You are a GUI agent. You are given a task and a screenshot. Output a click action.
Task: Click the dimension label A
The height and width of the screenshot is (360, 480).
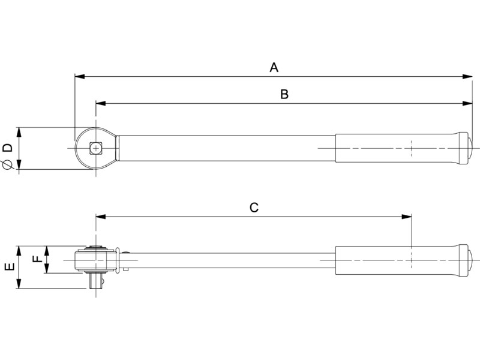(274, 67)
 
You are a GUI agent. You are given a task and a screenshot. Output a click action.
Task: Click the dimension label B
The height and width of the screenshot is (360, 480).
(284, 94)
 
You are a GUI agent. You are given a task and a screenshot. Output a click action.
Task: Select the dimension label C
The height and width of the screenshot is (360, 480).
(254, 208)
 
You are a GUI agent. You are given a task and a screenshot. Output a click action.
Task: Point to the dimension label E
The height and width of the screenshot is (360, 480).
(10, 266)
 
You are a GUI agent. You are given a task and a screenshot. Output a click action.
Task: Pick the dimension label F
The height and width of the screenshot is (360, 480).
(37, 259)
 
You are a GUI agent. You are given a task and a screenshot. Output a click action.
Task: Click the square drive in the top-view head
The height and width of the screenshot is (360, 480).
(96, 148)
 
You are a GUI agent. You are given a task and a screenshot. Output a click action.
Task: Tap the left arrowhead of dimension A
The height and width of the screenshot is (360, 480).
(80, 77)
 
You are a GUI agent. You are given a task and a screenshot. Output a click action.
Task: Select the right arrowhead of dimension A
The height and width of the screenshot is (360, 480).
(467, 77)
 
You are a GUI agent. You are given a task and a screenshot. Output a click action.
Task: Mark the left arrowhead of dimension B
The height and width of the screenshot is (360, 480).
(101, 103)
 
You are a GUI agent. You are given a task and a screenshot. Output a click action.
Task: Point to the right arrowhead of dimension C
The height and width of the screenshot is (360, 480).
(407, 217)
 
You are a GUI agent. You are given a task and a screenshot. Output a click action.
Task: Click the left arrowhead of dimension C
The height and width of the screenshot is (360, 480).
(101, 217)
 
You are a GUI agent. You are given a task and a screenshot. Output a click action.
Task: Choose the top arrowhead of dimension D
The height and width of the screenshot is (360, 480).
(19, 133)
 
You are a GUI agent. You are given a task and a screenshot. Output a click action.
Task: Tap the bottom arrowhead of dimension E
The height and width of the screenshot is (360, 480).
(19, 283)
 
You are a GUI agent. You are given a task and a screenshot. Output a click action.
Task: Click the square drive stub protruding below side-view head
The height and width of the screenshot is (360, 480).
(96, 281)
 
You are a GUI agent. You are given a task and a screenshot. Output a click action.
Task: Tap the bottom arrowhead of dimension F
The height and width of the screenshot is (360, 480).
(47, 268)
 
